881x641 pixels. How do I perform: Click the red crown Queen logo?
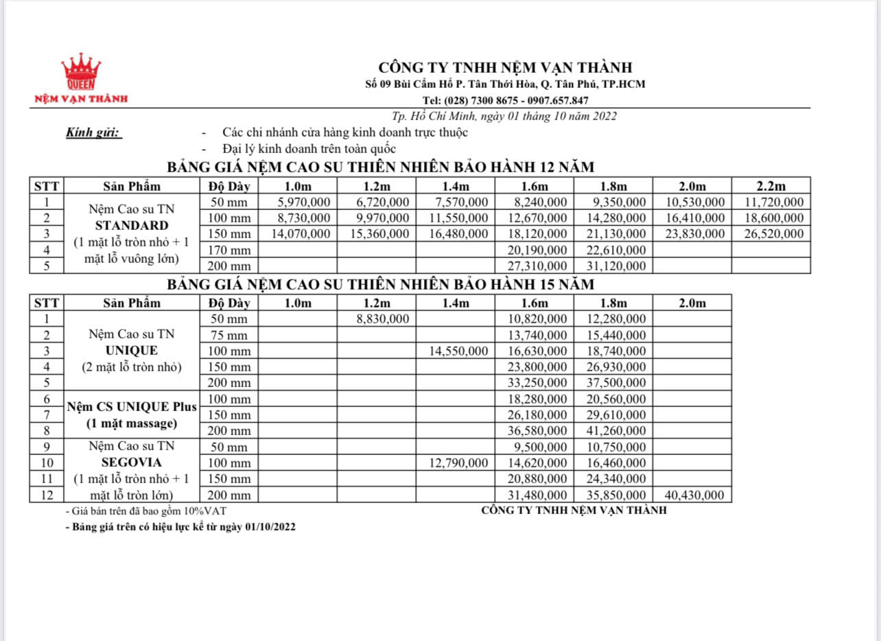point(81,72)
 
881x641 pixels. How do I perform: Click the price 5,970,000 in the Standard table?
point(304,202)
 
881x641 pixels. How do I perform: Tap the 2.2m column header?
point(771,186)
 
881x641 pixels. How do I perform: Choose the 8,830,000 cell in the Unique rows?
point(382,318)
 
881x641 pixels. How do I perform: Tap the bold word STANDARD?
point(132,226)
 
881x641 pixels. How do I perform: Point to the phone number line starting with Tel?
point(504,100)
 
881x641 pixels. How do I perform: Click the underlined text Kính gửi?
point(94,133)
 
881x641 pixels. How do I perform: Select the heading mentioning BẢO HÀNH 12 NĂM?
point(381,167)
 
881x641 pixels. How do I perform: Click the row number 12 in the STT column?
point(47,495)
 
